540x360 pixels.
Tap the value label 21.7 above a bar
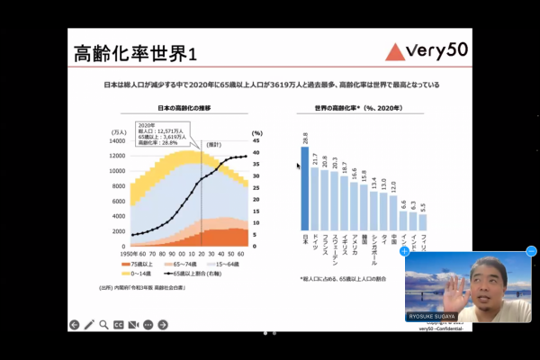coord(315,159)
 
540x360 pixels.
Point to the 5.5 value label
coord(423,206)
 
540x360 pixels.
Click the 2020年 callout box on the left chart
coord(161,134)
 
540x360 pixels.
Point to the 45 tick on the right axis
coord(256,140)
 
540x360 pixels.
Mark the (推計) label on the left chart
coord(213,144)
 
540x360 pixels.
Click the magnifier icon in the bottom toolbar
coord(103,324)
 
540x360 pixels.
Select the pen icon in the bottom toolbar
coord(89,324)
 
